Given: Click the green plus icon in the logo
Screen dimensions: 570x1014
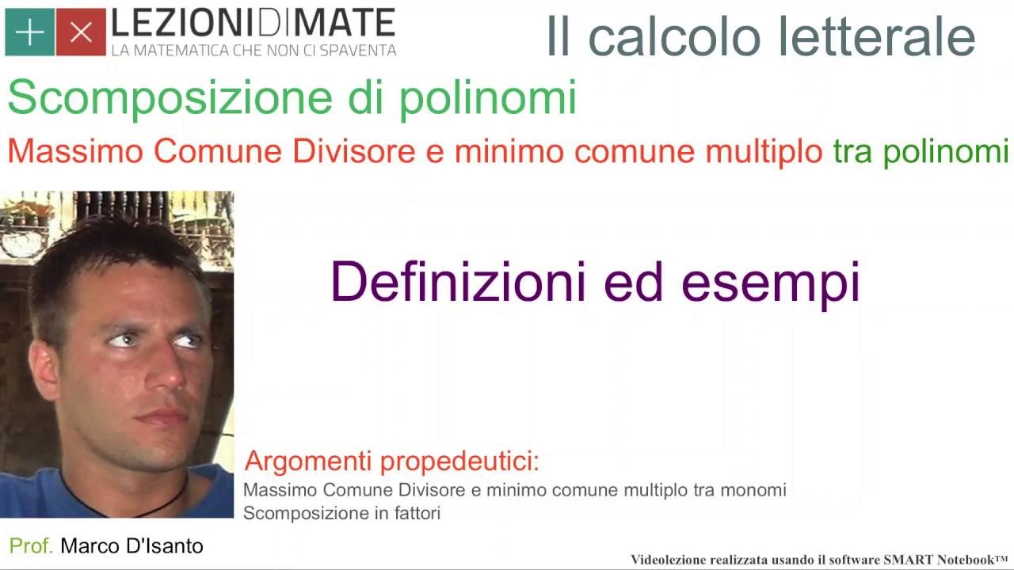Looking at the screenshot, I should [30, 32].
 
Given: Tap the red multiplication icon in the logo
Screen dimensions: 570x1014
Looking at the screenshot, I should [81, 32].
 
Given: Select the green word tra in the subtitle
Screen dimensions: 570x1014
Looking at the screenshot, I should [853, 150].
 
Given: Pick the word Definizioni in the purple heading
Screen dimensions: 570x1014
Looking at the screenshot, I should [460, 282].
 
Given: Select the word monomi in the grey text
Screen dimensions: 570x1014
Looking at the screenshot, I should [753, 490].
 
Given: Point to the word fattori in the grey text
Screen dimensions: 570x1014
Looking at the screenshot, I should [417, 513].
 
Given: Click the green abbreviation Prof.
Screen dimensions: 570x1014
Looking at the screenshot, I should [31, 545].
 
